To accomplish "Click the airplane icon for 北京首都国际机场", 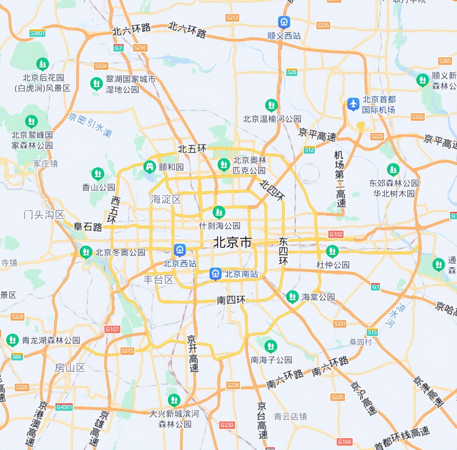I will (x=353, y=104).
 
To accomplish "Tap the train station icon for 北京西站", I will (x=180, y=250).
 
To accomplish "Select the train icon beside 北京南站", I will (x=215, y=274).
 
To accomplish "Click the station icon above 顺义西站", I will (x=284, y=22).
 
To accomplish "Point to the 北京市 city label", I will (x=232, y=242).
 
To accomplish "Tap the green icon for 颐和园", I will (x=150, y=167).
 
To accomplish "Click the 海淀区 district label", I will (x=166, y=199).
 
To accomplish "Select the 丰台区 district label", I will (x=159, y=280).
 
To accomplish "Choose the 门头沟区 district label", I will (x=44, y=215).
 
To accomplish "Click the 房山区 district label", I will (x=70, y=368).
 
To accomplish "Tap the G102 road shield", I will (x=336, y=234).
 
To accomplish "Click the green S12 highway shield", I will (x=309, y=150).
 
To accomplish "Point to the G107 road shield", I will (x=112, y=329).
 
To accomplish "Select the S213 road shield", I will (x=232, y=17).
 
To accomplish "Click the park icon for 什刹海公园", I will (x=219, y=212).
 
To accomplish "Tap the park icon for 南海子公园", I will (x=270, y=346).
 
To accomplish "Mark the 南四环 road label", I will (x=231, y=300).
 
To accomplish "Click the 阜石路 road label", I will (x=88, y=227).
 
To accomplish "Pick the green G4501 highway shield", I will (x=64, y=407).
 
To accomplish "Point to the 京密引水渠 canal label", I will (x=90, y=125).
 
